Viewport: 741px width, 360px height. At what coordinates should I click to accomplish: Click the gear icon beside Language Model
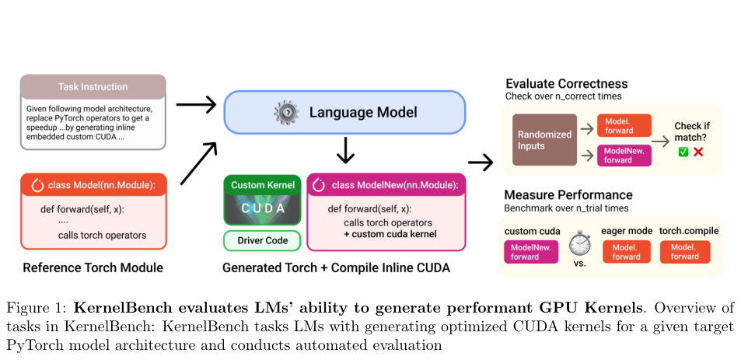[x=286, y=113]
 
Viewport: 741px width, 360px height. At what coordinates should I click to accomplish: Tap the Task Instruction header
[x=93, y=87]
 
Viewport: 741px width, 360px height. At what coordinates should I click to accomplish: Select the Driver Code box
[x=262, y=240]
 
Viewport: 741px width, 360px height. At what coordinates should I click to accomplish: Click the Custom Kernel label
[x=262, y=185]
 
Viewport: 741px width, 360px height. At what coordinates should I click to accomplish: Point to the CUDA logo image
[x=262, y=209]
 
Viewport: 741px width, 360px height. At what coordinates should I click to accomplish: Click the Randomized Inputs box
[x=544, y=140]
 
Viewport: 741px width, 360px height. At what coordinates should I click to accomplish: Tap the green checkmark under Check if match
[x=683, y=152]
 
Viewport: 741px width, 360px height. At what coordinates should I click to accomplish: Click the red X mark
[x=698, y=152]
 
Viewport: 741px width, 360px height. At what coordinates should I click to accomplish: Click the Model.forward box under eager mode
[x=627, y=252]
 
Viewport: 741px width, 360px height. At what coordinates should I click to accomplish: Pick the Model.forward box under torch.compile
[x=685, y=252]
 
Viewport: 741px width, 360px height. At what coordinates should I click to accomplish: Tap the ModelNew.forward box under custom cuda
[x=531, y=252]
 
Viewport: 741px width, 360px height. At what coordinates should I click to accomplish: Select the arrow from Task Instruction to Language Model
[x=196, y=104]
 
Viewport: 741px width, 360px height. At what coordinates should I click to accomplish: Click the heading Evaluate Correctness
[x=567, y=84]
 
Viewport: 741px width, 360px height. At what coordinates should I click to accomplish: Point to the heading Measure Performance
[x=568, y=194]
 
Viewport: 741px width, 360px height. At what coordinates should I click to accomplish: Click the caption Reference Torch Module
[x=93, y=268]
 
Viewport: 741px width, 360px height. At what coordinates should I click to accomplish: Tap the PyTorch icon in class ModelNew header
[x=319, y=185]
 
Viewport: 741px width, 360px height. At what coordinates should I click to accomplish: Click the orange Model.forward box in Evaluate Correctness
[x=624, y=126]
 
